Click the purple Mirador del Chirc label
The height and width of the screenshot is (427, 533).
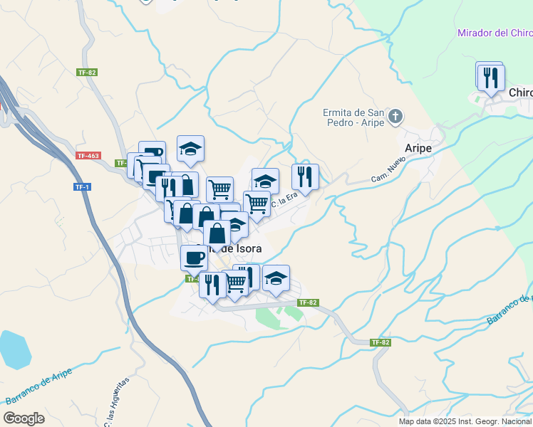click(x=495, y=33)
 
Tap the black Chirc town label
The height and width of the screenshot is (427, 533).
click(x=519, y=93)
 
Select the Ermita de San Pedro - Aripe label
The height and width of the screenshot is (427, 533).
click(x=353, y=117)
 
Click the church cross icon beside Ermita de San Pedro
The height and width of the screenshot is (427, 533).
click(x=397, y=115)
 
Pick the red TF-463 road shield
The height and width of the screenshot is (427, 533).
click(x=88, y=155)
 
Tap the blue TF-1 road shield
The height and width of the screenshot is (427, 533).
click(x=82, y=186)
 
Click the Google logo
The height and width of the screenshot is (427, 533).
click(x=24, y=418)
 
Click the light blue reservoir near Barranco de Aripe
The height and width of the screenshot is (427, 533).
click(x=14, y=349)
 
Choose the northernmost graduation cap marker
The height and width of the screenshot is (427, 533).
click(x=190, y=147)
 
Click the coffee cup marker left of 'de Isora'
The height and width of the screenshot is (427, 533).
click(x=194, y=256)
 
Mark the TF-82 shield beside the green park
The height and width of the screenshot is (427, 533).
click(x=308, y=302)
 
